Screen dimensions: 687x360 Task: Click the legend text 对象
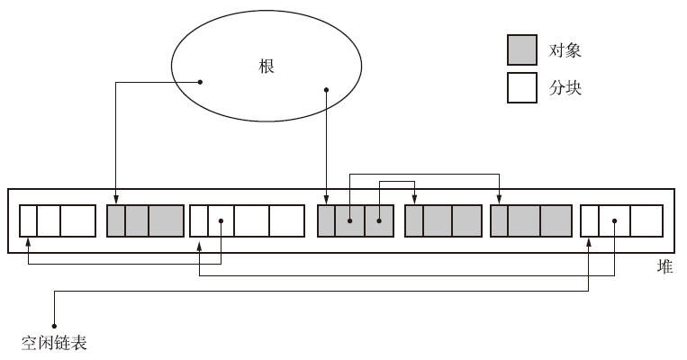pyautogui.click(x=565, y=49)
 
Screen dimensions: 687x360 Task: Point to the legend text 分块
pyautogui.click(x=565, y=88)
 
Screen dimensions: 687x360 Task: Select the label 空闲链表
pyautogui.click(x=54, y=343)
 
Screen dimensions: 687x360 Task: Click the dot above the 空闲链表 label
pyautogui.click(x=55, y=325)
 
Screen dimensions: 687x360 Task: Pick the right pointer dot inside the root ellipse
pyautogui.click(x=326, y=89)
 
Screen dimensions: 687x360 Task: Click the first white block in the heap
pyautogui.click(x=58, y=220)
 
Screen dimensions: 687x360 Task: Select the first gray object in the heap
pyautogui.click(x=145, y=220)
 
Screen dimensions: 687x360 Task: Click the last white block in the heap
pyautogui.click(x=622, y=220)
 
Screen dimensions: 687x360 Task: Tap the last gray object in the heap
pyautogui.click(x=531, y=220)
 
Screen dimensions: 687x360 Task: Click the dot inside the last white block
pyautogui.click(x=614, y=220)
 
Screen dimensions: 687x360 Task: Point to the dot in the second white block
pyautogui.click(x=221, y=220)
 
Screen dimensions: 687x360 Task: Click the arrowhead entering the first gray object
pyautogui.click(x=115, y=202)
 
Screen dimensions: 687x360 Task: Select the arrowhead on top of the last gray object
pyautogui.click(x=499, y=202)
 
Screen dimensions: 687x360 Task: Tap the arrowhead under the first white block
pyautogui.click(x=29, y=240)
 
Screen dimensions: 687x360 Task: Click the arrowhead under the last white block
pyautogui.click(x=590, y=240)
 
